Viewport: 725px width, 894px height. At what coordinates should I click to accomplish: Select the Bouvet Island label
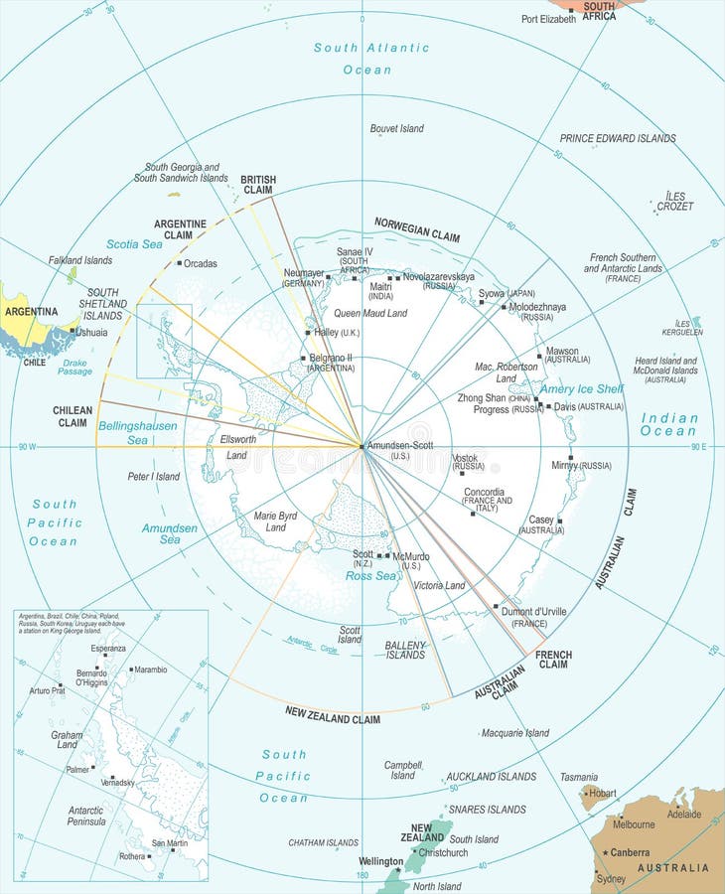pos(396,128)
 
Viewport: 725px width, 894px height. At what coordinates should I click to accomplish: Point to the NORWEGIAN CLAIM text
pos(416,230)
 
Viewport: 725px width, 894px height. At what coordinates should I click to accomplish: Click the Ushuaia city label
pos(91,333)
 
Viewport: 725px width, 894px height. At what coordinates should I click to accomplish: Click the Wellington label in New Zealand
pos(379,862)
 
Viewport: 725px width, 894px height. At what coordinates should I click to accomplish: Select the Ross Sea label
pos(370,576)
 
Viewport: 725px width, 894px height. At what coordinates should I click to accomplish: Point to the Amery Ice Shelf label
pos(581,389)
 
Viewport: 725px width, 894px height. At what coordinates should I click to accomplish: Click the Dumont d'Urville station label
pos(534,612)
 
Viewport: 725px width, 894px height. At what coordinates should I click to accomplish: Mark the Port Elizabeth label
pos(548,19)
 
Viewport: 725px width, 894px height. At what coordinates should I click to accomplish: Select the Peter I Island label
pos(154,477)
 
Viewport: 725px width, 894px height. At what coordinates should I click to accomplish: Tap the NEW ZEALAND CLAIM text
pos(332,715)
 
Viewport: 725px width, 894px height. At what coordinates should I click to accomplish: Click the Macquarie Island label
pos(514,733)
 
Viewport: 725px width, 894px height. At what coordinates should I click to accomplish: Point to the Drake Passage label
pos(74,367)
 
